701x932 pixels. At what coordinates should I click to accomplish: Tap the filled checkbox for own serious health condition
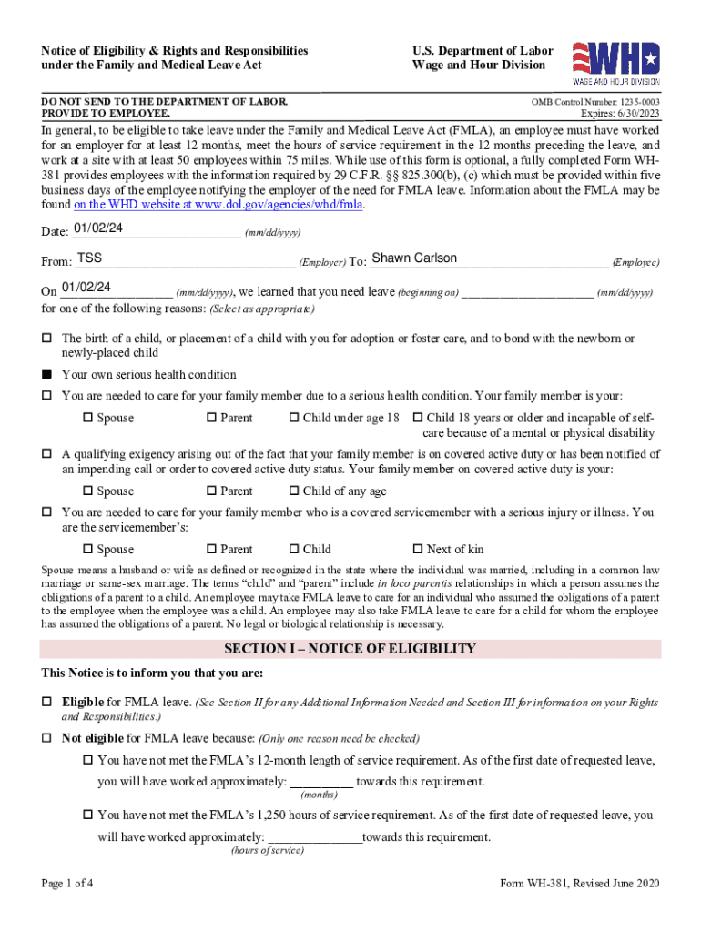tap(47, 374)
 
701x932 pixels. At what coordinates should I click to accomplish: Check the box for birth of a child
tap(47, 338)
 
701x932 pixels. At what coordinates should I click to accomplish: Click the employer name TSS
tap(89, 258)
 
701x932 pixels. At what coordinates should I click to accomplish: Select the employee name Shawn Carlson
tap(414, 258)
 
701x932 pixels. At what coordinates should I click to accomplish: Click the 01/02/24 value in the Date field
tap(93, 228)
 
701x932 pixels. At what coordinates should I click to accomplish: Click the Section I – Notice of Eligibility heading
tap(350, 649)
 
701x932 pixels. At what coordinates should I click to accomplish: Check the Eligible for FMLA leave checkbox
tap(47, 703)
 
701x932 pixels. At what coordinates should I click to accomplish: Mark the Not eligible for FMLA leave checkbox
tap(47, 738)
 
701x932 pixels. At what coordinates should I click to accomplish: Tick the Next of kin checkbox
tap(418, 549)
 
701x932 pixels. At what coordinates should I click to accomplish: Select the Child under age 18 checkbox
tap(294, 418)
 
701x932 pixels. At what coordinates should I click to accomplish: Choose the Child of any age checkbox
tap(294, 491)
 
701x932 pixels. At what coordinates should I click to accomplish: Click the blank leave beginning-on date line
tap(527, 292)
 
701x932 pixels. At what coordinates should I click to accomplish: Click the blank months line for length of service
tap(321, 782)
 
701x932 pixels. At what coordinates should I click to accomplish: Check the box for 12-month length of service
tap(88, 760)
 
